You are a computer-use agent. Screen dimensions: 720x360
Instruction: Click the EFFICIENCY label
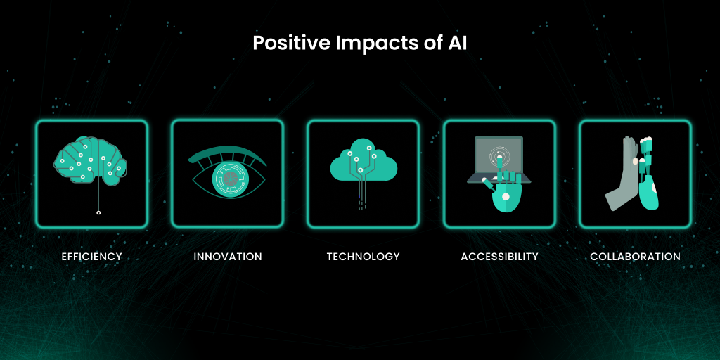[x=92, y=256]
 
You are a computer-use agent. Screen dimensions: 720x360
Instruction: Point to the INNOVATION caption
[x=228, y=256]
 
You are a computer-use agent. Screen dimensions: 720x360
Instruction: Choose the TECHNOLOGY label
[x=364, y=256]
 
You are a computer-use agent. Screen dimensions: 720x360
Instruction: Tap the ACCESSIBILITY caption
[x=500, y=256]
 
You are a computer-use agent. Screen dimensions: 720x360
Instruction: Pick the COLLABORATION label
[x=636, y=256]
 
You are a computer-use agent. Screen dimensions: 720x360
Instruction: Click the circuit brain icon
[x=91, y=162]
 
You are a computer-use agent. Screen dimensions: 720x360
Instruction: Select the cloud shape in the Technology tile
[x=364, y=161]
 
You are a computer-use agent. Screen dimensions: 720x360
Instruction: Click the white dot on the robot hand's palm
[x=506, y=197]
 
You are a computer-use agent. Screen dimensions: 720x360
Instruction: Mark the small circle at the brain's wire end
[x=98, y=212]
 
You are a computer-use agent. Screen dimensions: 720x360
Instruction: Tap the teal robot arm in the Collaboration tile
[x=648, y=174]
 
